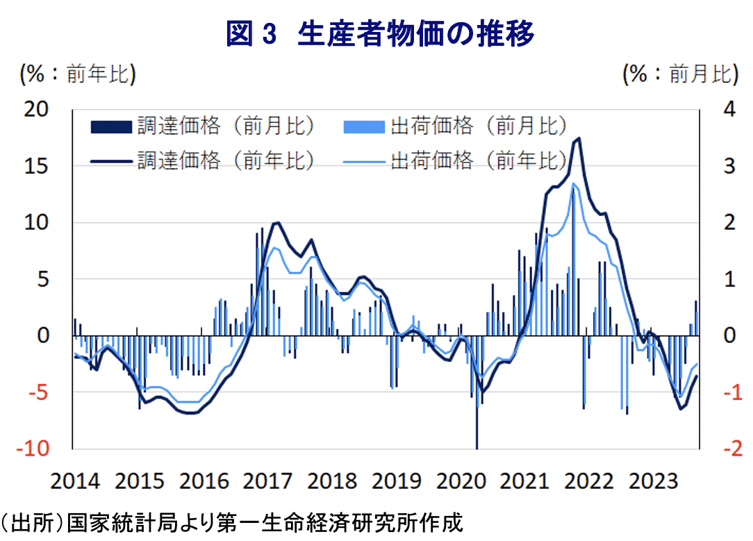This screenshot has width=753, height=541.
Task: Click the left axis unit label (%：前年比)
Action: tap(77, 74)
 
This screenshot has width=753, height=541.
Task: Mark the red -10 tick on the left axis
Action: tap(33, 449)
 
